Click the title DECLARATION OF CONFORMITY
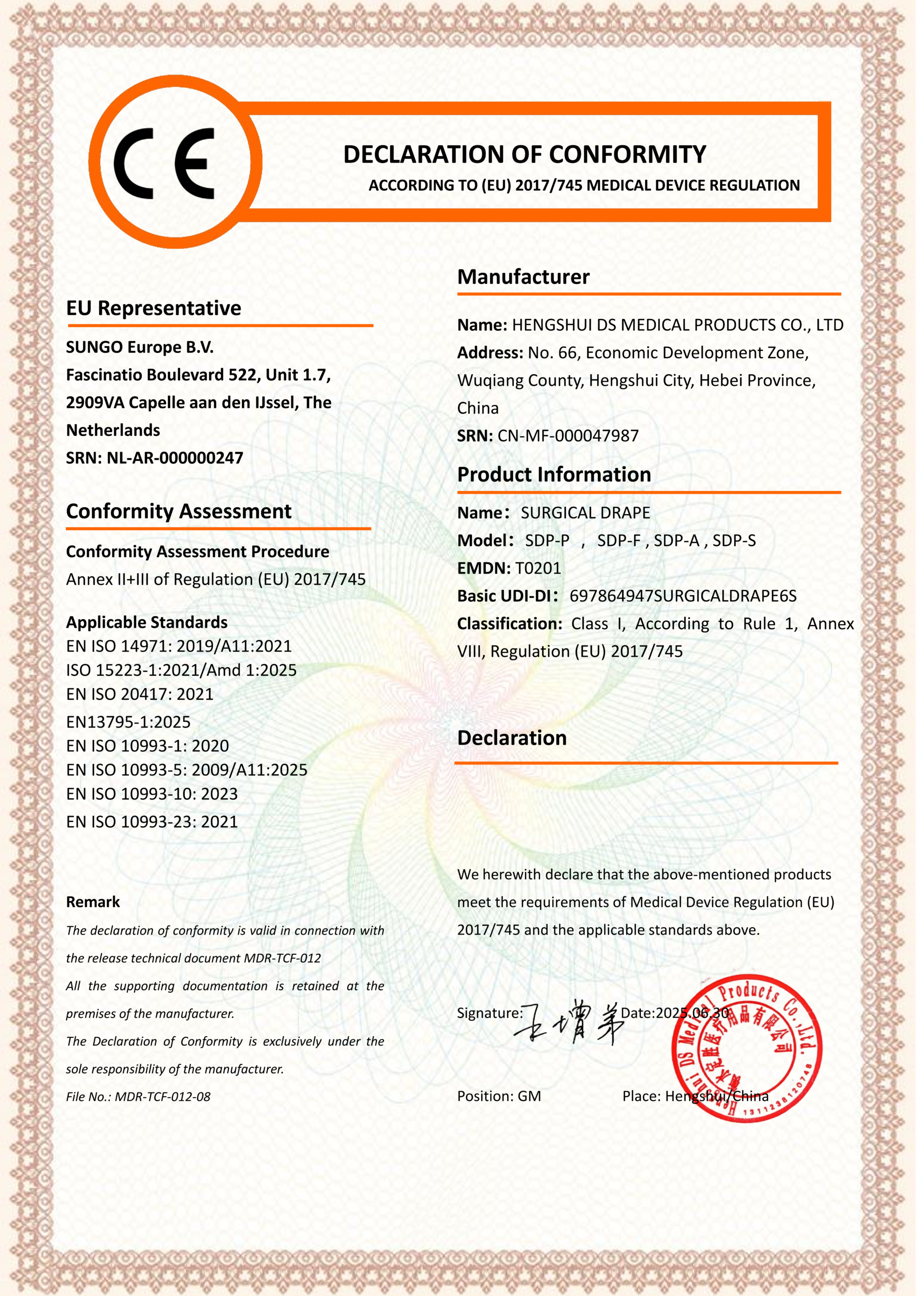[x=524, y=154]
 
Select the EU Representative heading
[x=153, y=308]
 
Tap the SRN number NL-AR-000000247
[x=175, y=458]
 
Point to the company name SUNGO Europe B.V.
[x=140, y=347]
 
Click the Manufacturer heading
[x=523, y=277]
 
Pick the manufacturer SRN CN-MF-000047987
[x=568, y=436]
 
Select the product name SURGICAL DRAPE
[x=585, y=513]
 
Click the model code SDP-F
[x=618, y=541]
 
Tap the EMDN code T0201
[x=538, y=569]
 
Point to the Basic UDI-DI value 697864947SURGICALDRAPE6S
[x=683, y=596]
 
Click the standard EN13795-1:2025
[x=128, y=722]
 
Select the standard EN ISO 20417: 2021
[x=139, y=694]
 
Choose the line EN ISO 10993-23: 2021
[x=152, y=822]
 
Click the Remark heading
[x=93, y=902]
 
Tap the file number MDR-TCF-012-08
[x=162, y=1097]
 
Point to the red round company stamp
[x=746, y=1048]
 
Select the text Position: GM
[x=499, y=1096]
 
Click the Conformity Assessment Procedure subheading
[x=197, y=551]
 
